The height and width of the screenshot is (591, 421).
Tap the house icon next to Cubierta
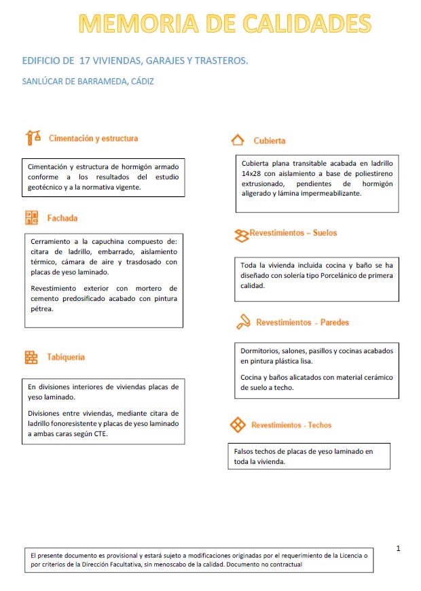click(238, 140)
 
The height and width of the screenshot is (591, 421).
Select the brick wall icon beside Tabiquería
click(31, 357)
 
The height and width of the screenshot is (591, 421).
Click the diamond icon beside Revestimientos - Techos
click(238, 425)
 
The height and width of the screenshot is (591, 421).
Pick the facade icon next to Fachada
click(32, 218)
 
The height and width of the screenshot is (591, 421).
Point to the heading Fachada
click(62, 218)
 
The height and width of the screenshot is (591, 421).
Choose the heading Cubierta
click(269, 141)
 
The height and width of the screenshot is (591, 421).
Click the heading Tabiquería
click(66, 357)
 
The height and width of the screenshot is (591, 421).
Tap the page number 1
click(399, 548)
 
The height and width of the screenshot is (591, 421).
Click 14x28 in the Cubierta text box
click(252, 173)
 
